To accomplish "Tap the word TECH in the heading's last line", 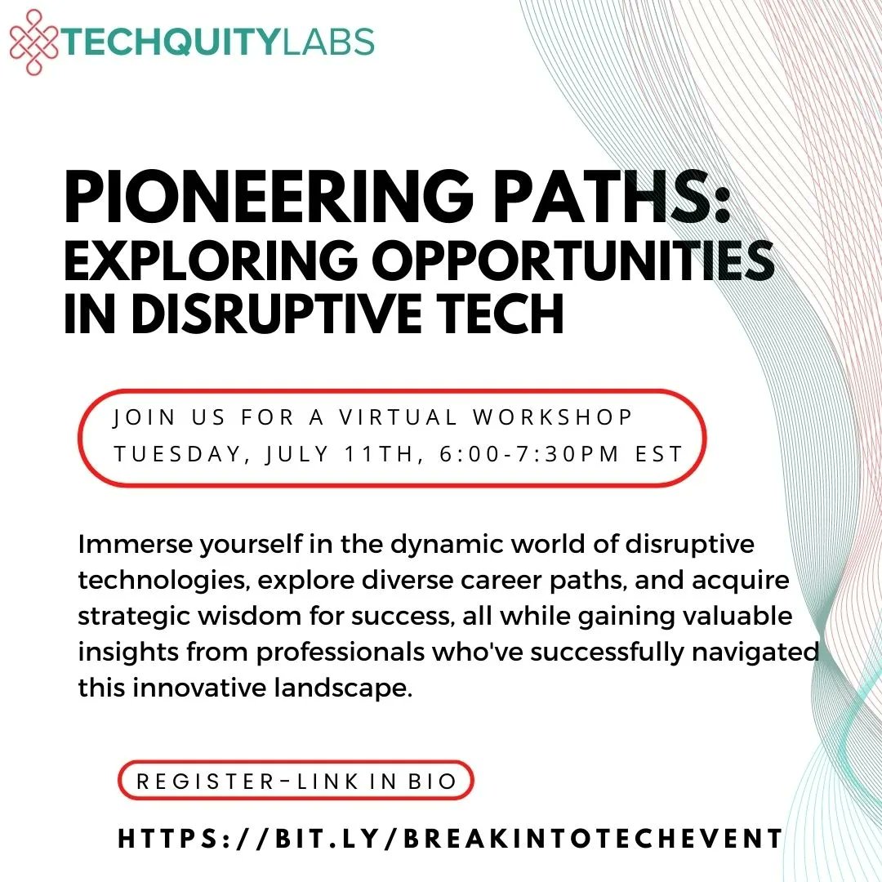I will [506, 314].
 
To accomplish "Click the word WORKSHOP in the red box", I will [553, 417].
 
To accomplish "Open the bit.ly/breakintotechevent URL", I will [450, 838].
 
